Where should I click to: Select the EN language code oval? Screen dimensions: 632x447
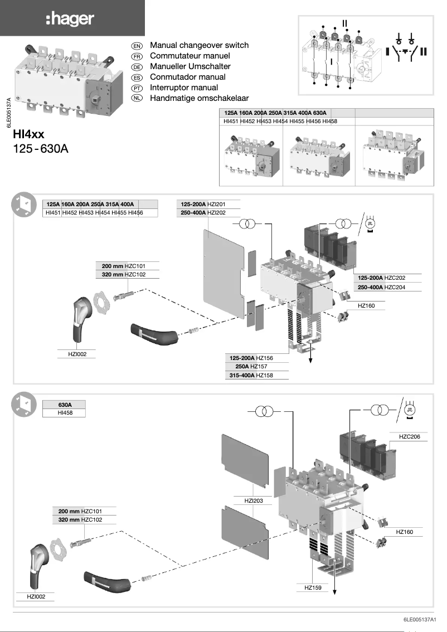coord(137,46)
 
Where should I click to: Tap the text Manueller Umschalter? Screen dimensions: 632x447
coord(190,66)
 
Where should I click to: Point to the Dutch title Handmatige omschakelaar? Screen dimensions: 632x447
coord(199,98)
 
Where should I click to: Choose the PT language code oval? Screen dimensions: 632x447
coord(137,88)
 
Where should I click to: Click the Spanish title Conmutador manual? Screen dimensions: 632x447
coord(188,77)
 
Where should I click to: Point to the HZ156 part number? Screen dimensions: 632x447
coord(265,358)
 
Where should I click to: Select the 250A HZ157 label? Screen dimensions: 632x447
coord(261,366)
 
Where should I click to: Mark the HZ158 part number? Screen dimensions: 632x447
coord(265,375)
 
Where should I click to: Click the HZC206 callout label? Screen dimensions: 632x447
coord(409,436)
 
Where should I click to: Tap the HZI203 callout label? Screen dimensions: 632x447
coord(254,500)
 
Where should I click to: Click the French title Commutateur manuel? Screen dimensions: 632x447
coord(190,56)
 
